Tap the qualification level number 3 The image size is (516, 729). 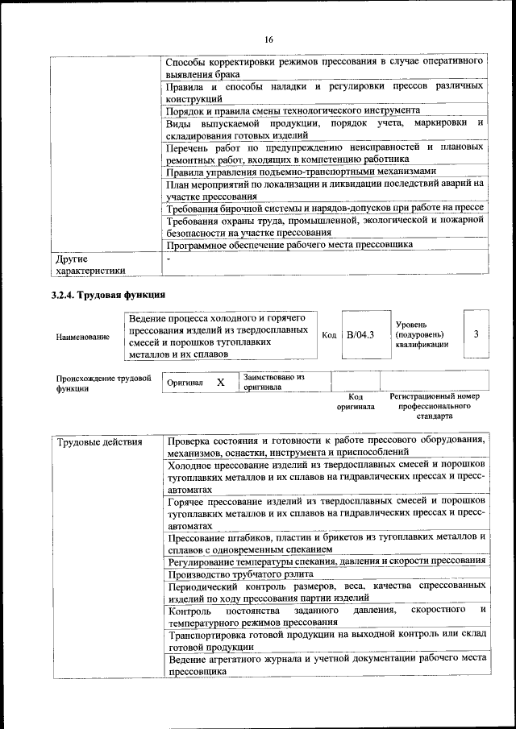[x=476, y=333]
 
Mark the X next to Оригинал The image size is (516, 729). [x=220, y=383]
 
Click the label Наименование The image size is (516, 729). [x=83, y=336]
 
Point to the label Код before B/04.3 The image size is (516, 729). [x=328, y=334]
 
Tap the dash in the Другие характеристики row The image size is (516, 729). [x=169, y=259]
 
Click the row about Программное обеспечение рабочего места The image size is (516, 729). [x=289, y=244]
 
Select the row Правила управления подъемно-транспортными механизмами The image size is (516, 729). [x=301, y=172]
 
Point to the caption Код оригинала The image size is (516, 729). [x=356, y=402]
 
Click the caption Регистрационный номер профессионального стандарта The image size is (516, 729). [x=435, y=407]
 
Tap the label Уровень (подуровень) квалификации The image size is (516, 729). [x=422, y=334]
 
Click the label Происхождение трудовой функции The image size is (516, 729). [x=104, y=383]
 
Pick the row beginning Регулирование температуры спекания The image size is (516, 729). [x=326, y=561]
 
